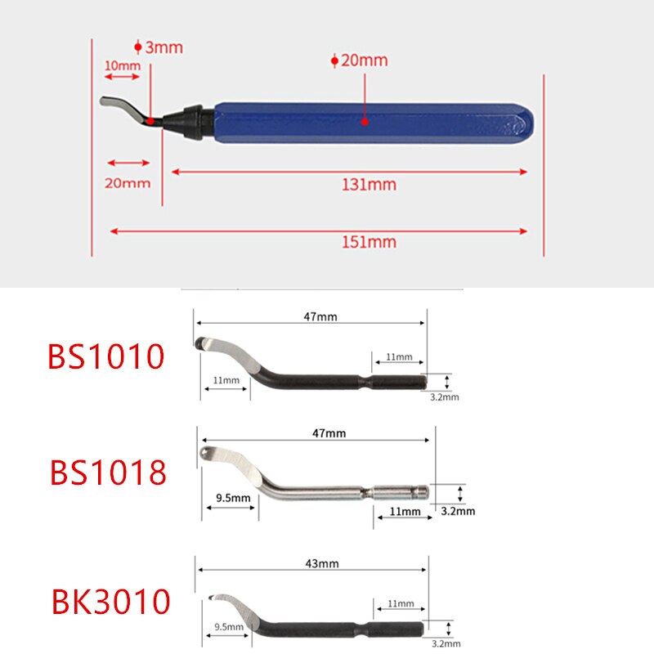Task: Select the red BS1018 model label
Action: tap(108, 473)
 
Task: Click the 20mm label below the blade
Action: tap(128, 182)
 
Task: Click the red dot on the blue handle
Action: tap(365, 121)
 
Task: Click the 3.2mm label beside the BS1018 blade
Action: tap(457, 511)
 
